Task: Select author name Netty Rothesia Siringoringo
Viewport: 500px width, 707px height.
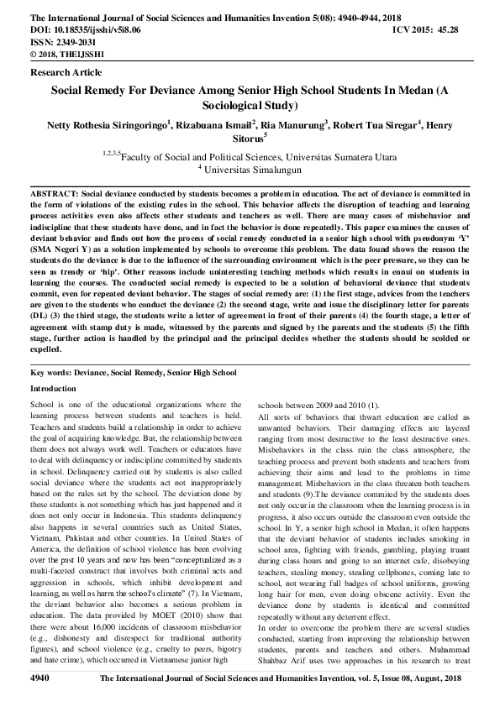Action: click(105, 126)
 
